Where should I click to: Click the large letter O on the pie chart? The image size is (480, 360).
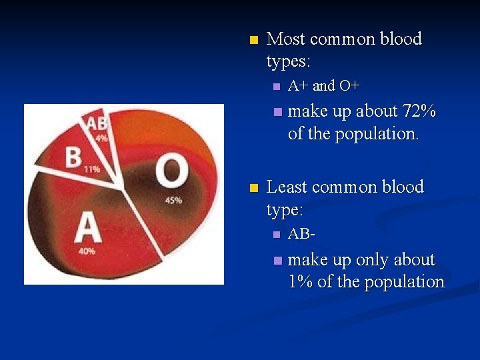(171, 171)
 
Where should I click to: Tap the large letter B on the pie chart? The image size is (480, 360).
(73, 157)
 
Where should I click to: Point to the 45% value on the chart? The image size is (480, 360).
(173, 200)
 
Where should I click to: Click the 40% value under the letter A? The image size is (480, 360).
(86, 251)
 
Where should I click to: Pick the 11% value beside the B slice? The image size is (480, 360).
(92, 169)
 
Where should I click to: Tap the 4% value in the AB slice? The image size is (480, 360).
(101, 139)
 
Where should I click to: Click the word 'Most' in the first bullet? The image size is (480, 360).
(286, 39)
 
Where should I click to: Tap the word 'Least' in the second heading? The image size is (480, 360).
(287, 187)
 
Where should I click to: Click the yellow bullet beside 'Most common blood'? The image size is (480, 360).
(252, 41)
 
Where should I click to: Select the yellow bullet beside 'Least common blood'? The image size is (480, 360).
(252, 189)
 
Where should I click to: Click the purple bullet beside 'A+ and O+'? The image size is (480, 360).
(277, 87)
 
